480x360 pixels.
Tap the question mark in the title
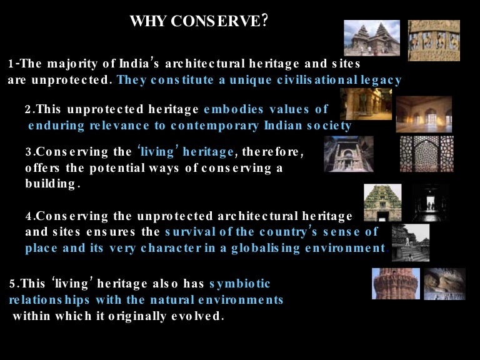(x=266, y=21)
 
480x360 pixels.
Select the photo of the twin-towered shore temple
(x=372, y=38)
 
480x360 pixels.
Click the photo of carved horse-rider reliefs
(x=434, y=41)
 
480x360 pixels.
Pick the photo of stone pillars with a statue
(x=366, y=104)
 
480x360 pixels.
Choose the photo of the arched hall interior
(x=424, y=114)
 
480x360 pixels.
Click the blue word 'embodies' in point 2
(x=229, y=109)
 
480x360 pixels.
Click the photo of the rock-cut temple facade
(x=349, y=154)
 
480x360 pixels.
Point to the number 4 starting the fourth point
(x=29, y=216)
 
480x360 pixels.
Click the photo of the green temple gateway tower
(x=382, y=202)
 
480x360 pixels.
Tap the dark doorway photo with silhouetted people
(x=431, y=202)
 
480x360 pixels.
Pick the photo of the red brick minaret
(x=396, y=284)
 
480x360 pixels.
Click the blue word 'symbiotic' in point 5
(x=239, y=284)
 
